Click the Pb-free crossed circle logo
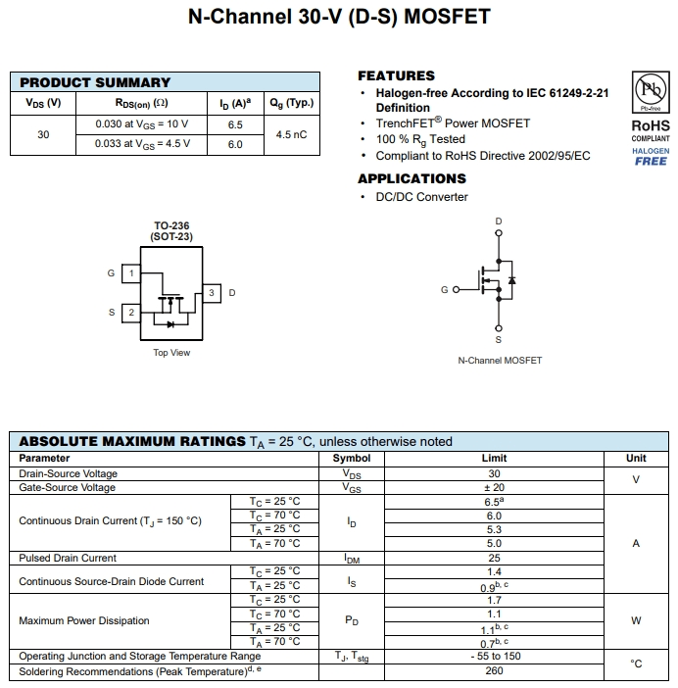click(x=650, y=91)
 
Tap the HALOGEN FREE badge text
click(x=651, y=157)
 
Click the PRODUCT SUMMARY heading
click(x=95, y=82)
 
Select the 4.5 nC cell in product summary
click(x=291, y=134)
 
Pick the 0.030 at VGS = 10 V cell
click(x=142, y=124)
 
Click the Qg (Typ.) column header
click(x=291, y=103)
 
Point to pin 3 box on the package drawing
click(x=211, y=292)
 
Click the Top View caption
click(x=171, y=353)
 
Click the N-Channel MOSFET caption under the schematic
click(x=500, y=361)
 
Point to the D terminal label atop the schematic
click(x=499, y=221)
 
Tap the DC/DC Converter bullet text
click(x=421, y=197)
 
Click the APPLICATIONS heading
click(x=412, y=178)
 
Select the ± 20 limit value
click(x=494, y=487)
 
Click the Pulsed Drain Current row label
click(x=68, y=558)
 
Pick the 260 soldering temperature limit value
click(x=494, y=671)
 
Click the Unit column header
click(x=636, y=458)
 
